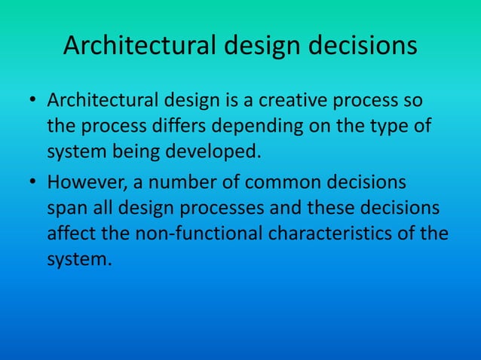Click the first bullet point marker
[x=34, y=102]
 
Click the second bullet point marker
[x=34, y=183]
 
